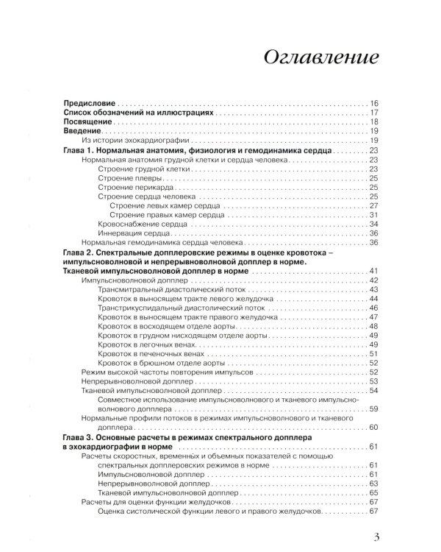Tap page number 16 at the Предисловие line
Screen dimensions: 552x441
(x=373, y=103)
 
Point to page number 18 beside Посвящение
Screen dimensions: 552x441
(x=373, y=122)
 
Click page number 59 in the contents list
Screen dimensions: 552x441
(x=373, y=408)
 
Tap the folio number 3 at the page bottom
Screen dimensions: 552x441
(x=376, y=538)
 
